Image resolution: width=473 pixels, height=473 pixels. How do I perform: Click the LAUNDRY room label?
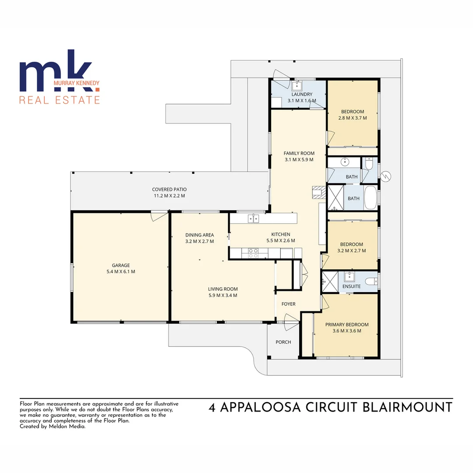(302, 94)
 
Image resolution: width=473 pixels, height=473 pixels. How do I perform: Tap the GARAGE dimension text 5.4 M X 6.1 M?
(120, 272)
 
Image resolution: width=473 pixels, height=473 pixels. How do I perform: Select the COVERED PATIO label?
(169, 189)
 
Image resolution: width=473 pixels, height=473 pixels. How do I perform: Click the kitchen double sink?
(253, 218)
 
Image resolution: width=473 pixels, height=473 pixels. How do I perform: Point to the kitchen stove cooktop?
(253, 252)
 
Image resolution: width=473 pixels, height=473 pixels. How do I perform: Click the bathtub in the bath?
(371, 198)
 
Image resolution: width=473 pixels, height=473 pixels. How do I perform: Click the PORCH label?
(283, 342)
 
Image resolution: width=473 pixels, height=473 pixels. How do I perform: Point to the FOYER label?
(288, 304)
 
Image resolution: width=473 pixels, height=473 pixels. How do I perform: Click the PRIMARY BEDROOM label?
(347, 325)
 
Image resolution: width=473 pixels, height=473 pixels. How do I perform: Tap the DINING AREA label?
(199, 235)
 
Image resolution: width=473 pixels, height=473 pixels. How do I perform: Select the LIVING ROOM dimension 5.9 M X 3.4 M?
(222, 295)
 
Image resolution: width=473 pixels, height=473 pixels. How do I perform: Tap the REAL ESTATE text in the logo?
(60, 100)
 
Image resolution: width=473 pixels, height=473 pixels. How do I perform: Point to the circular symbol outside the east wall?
(385, 176)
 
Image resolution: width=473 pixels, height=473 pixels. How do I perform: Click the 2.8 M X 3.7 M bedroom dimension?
(353, 118)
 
